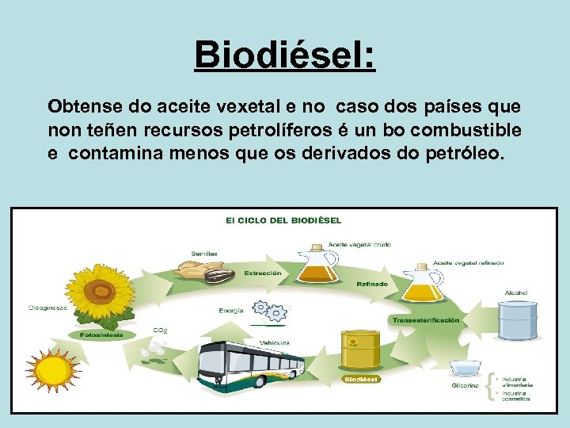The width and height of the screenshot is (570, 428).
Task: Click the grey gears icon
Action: coord(268,310)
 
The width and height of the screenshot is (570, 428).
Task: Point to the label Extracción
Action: coord(262,273)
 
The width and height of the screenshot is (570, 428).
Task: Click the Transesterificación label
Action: coord(425,320)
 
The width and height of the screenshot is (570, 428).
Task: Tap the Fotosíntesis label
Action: coord(101,335)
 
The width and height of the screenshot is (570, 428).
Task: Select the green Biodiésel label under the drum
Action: coord(361,380)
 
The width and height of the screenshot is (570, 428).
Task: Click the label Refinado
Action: coord(372,283)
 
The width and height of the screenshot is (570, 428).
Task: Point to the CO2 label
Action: coord(160,330)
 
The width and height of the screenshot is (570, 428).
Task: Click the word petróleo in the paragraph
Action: coord(464,153)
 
